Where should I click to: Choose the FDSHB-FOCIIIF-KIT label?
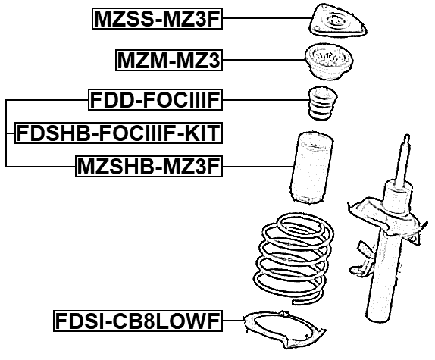(117, 134)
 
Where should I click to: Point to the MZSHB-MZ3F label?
(149, 166)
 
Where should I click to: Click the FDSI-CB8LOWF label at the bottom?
(137, 322)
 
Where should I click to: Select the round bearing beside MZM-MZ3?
(327, 62)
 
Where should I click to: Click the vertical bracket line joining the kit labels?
(6, 133)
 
